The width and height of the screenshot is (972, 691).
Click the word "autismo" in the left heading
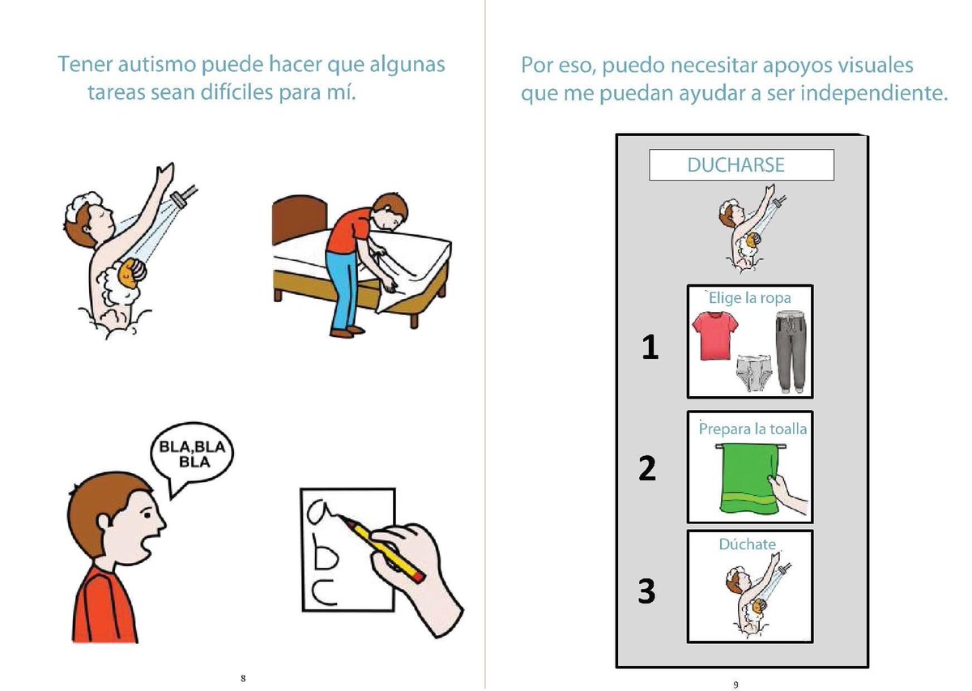[x=157, y=64]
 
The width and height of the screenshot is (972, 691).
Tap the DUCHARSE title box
[x=741, y=164]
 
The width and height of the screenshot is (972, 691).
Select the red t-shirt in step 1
[x=714, y=335]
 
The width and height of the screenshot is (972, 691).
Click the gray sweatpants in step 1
[x=791, y=351]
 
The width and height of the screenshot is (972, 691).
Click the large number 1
[x=650, y=347]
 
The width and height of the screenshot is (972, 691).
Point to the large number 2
[x=647, y=468]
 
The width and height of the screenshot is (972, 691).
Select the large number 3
[x=646, y=591]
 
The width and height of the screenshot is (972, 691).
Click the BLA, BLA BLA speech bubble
[x=192, y=454]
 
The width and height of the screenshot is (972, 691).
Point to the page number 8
[x=243, y=678]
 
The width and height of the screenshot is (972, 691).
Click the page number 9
[x=735, y=685]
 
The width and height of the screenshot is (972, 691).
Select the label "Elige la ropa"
[x=749, y=298]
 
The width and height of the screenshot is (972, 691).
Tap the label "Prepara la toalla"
[x=752, y=429]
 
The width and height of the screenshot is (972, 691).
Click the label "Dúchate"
[x=747, y=544]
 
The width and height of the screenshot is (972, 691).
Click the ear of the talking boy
[x=105, y=523]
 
